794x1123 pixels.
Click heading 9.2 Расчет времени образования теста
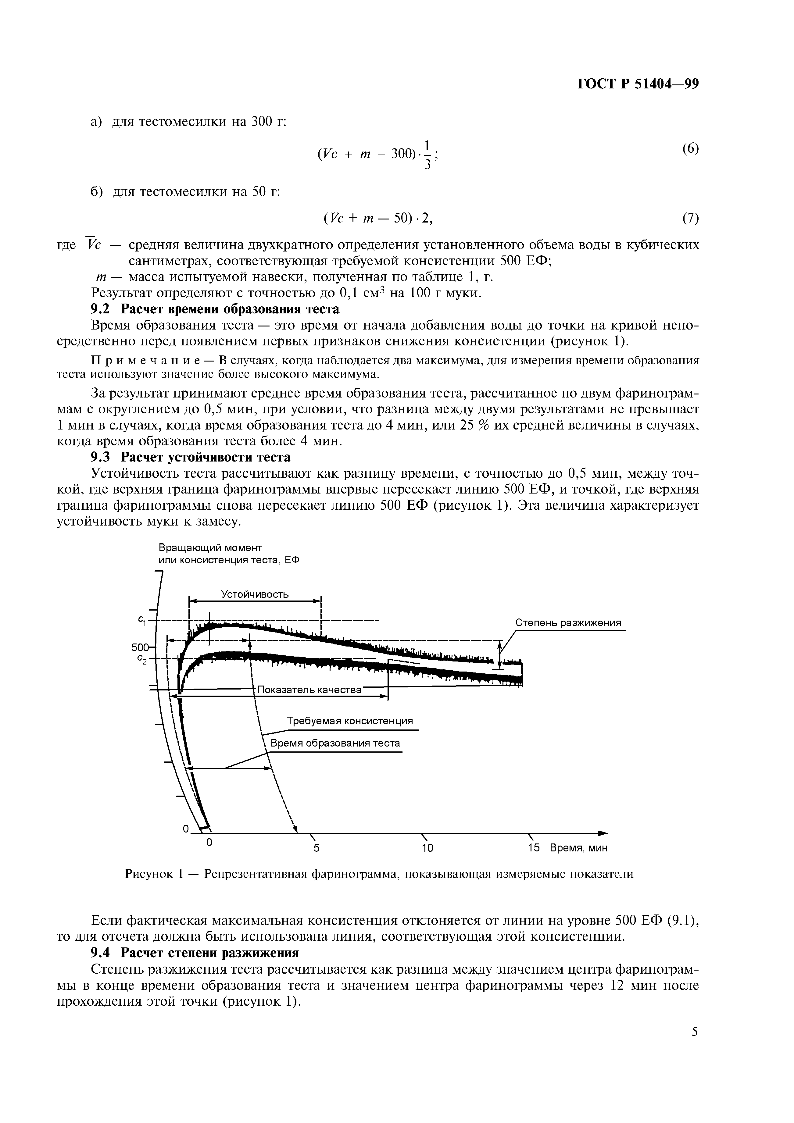click(x=215, y=309)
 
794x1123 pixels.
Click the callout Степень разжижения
click(x=568, y=623)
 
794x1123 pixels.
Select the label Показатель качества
click(x=309, y=690)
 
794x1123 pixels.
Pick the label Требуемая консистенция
click(x=349, y=721)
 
